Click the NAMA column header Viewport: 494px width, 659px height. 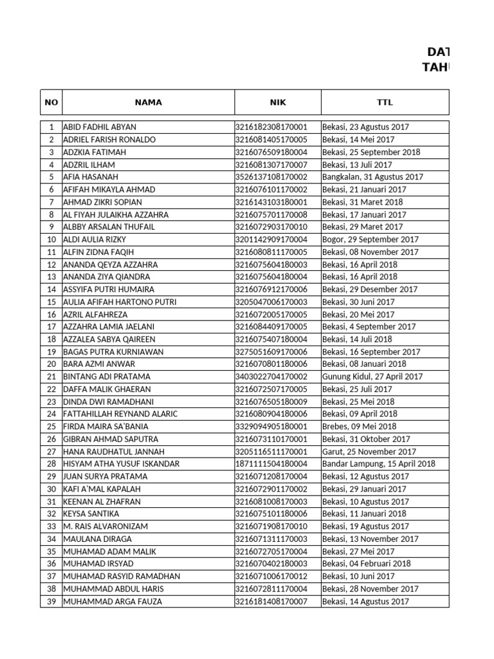pyautogui.click(x=148, y=102)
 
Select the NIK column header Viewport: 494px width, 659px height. pyautogui.click(x=277, y=102)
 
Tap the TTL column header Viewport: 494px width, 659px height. pyautogui.click(x=385, y=102)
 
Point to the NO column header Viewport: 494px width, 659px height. pyautogui.click(x=51, y=102)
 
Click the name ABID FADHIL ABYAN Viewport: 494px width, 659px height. pyautogui.click(x=100, y=127)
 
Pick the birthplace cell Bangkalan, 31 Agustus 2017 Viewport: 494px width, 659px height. pyautogui.click(x=372, y=177)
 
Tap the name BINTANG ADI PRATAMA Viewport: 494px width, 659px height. pyautogui.click(x=107, y=376)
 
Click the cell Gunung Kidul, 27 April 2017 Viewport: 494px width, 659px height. pyautogui.click(x=372, y=376)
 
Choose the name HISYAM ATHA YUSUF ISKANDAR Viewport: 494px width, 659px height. pyautogui.click(x=121, y=464)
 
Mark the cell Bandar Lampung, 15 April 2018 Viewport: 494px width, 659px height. pyautogui.click(x=379, y=464)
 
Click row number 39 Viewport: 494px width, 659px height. pyautogui.click(x=51, y=602)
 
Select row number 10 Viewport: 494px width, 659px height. pyautogui.click(x=51, y=239)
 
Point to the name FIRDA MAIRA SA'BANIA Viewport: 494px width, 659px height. pyautogui.click(x=105, y=427)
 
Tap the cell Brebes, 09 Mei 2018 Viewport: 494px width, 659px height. pyautogui.click(x=360, y=427)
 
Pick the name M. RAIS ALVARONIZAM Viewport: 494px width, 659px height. pyautogui.click(x=105, y=526)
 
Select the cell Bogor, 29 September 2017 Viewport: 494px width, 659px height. pyautogui.click(x=370, y=239)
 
